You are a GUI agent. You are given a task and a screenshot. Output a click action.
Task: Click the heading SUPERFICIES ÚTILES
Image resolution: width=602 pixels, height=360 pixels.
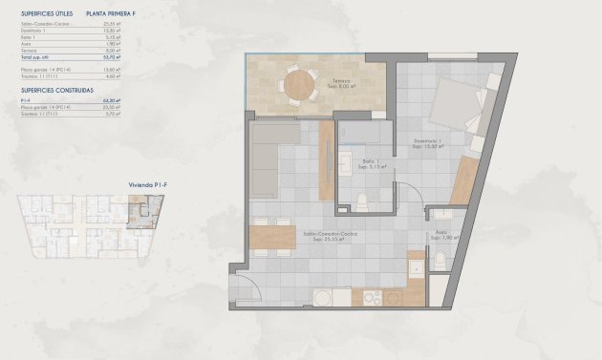pos(46,13)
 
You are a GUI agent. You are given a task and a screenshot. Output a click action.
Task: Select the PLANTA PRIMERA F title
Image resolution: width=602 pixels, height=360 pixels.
pos(110,13)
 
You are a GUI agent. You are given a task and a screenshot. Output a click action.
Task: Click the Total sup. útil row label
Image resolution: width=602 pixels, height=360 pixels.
pos(35,59)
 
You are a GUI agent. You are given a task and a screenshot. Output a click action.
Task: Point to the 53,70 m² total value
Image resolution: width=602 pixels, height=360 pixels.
pos(109,59)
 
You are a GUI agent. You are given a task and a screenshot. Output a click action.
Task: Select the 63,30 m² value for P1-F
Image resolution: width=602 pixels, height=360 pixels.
pos(109,100)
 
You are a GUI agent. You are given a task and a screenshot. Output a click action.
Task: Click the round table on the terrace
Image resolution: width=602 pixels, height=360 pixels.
pos(300,84)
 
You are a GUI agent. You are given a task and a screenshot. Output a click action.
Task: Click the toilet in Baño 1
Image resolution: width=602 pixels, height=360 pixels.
pos(364,200)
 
